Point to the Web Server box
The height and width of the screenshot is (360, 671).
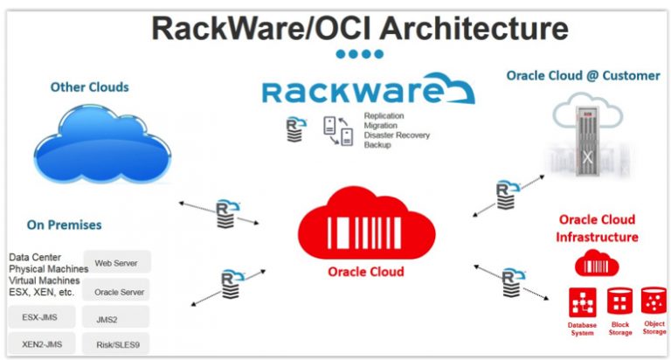116,261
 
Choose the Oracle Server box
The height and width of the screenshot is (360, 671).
116,290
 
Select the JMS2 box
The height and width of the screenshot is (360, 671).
116,317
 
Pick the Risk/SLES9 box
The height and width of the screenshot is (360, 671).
116,344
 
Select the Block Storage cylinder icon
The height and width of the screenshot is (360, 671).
619,301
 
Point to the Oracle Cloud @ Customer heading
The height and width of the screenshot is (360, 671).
583,76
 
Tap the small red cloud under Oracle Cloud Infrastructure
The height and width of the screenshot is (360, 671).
597,263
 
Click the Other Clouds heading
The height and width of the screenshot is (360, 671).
89,87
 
